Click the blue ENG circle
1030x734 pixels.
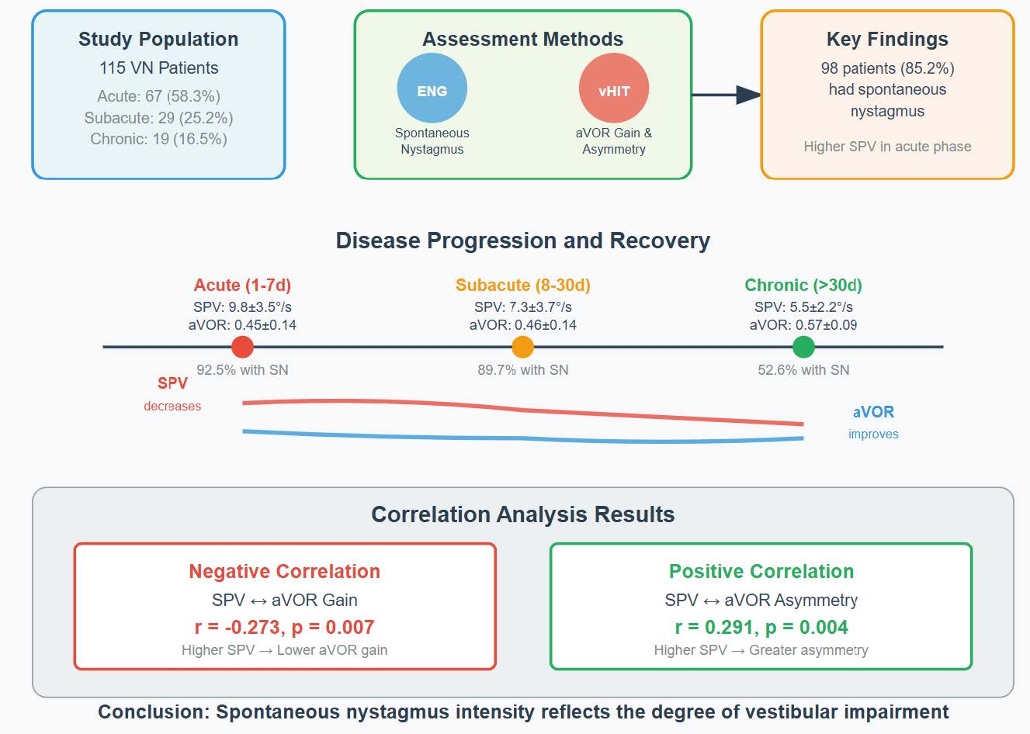pyautogui.click(x=432, y=90)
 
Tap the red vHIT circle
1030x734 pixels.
pyautogui.click(x=613, y=90)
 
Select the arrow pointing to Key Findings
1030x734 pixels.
pyautogui.click(x=727, y=95)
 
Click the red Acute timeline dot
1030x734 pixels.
pyautogui.click(x=242, y=347)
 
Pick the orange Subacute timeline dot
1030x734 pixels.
pyautogui.click(x=522, y=347)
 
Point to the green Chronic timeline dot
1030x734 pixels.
pyautogui.click(x=803, y=347)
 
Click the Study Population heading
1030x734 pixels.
pyautogui.click(x=158, y=40)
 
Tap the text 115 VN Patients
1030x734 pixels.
pyautogui.click(x=158, y=68)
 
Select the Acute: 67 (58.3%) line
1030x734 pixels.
pyautogui.click(x=158, y=96)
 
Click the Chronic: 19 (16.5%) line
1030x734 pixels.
pyautogui.click(x=158, y=139)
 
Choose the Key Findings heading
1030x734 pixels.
pyautogui.click(x=887, y=40)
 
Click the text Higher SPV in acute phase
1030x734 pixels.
pyautogui.click(x=887, y=147)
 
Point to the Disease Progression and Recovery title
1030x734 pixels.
pyautogui.click(x=522, y=241)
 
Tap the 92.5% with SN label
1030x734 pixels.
pyautogui.click(x=242, y=370)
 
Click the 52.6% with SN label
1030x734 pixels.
pyautogui.click(x=803, y=370)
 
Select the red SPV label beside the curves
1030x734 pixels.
pyautogui.click(x=172, y=383)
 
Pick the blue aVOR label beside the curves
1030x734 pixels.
pyautogui.click(x=873, y=412)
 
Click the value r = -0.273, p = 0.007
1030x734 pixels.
pyautogui.click(x=284, y=627)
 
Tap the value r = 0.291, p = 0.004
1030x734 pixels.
pyautogui.click(x=761, y=627)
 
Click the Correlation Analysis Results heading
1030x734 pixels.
pyautogui.click(x=522, y=514)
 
